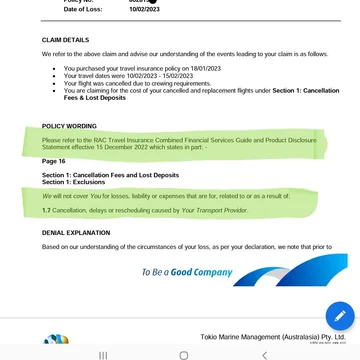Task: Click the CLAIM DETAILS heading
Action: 65,40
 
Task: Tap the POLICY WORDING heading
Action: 69,126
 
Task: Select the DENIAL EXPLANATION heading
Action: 76,232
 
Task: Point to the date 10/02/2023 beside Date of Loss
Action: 147,9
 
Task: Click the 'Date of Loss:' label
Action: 83,9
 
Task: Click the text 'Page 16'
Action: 53,161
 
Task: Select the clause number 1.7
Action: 46,210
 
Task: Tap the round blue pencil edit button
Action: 339,316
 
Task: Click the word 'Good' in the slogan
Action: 181,271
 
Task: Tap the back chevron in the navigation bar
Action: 264,354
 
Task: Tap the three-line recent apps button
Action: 103,354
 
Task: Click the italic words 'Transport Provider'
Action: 222,210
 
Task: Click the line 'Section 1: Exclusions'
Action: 73,182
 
